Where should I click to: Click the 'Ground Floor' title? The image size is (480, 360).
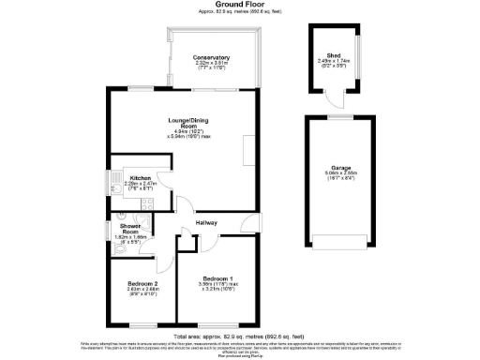click(x=240, y=5)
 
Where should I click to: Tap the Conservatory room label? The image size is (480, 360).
click(x=211, y=58)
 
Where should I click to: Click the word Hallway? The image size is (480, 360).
click(x=206, y=222)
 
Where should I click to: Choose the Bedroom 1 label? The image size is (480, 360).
click(x=217, y=278)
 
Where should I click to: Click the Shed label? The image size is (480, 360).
click(x=334, y=54)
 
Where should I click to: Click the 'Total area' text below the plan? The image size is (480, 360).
click(x=240, y=335)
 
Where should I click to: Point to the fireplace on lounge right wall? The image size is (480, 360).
click(x=247, y=148)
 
